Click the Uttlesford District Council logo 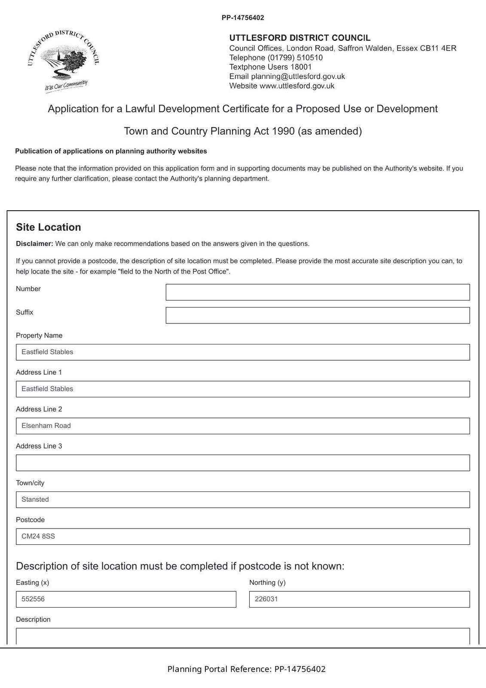[x=64, y=60]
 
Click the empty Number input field [x=317, y=292]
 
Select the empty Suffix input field [x=317, y=315]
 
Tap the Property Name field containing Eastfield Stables [x=242, y=352]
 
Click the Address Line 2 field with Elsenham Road [x=242, y=426]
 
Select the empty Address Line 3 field [x=242, y=463]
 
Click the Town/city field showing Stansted [x=242, y=500]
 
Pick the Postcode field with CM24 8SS [x=242, y=537]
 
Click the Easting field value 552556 [x=125, y=599]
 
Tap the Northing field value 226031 [x=359, y=599]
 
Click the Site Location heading [x=49, y=227]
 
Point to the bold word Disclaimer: [x=34, y=244]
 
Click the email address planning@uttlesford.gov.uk [x=298, y=77]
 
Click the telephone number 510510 [x=309, y=58]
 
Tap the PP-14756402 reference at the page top [x=243, y=18]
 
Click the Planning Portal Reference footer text [x=246, y=669]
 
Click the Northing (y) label [x=267, y=583]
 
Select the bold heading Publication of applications [x=111, y=151]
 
